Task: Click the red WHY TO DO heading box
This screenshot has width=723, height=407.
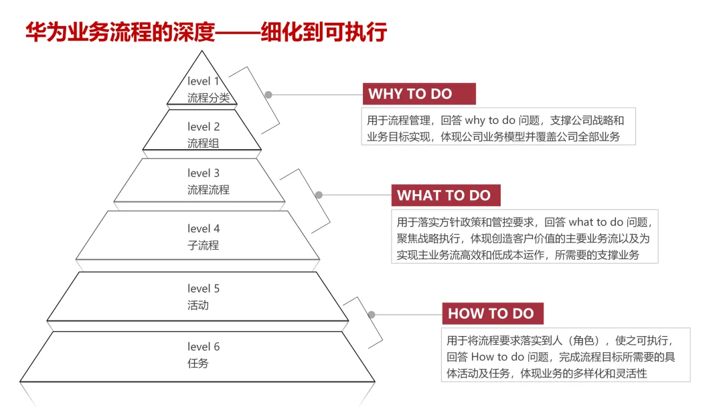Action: [419, 94]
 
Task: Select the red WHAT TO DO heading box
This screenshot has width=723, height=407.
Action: [445, 195]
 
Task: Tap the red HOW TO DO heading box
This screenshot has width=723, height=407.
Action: [492, 313]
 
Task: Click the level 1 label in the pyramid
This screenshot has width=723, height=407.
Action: [204, 82]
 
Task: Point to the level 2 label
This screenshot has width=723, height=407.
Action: [204, 127]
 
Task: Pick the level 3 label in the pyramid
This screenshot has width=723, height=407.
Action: [204, 173]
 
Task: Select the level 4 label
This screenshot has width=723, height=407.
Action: [204, 229]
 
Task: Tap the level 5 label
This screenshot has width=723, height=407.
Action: [204, 289]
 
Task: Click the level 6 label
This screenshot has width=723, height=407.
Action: [204, 347]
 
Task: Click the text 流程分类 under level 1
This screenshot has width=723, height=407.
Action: [208, 98]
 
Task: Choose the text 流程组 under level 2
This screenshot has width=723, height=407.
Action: [203, 143]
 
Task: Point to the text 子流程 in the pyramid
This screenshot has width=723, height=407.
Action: [203, 245]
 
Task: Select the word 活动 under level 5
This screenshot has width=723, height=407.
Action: [198, 305]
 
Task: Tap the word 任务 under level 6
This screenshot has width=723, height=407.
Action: [198, 363]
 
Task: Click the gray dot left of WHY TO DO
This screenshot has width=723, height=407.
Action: [268, 95]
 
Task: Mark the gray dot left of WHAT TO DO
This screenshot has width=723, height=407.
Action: [319, 195]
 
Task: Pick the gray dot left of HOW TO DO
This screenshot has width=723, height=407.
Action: [372, 315]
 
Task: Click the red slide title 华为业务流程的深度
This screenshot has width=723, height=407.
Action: [120, 32]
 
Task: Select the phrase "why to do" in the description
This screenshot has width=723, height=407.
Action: [490, 121]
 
